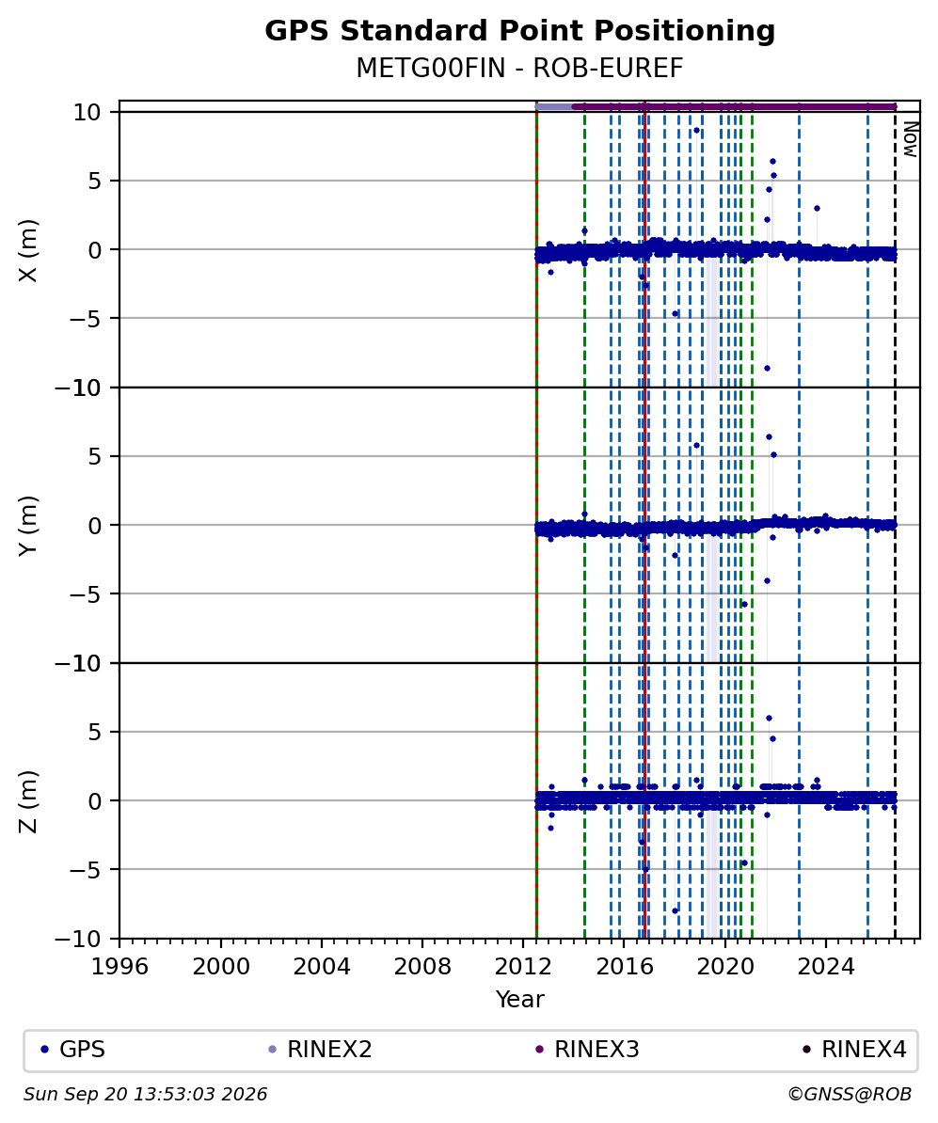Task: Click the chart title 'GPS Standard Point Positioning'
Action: (x=519, y=32)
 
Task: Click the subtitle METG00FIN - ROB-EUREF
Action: (x=519, y=68)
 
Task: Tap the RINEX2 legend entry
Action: (x=320, y=1050)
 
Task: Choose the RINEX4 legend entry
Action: (x=854, y=1050)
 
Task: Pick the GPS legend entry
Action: (x=72, y=1050)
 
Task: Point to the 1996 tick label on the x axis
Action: (x=119, y=967)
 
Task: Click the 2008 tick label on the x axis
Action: (x=422, y=967)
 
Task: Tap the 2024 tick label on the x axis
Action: (x=825, y=967)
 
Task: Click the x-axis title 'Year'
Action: (x=519, y=999)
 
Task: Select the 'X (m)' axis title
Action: (x=28, y=250)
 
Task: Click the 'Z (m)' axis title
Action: (x=28, y=801)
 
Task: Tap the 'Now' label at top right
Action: (x=910, y=140)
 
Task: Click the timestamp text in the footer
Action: (x=146, y=1095)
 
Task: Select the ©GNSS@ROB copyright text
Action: (x=850, y=1095)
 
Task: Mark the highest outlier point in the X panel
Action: (x=696, y=131)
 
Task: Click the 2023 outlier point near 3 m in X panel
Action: (x=817, y=209)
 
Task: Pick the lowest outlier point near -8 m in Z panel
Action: (x=675, y=910)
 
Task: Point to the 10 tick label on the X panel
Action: (x=86, y=113)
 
